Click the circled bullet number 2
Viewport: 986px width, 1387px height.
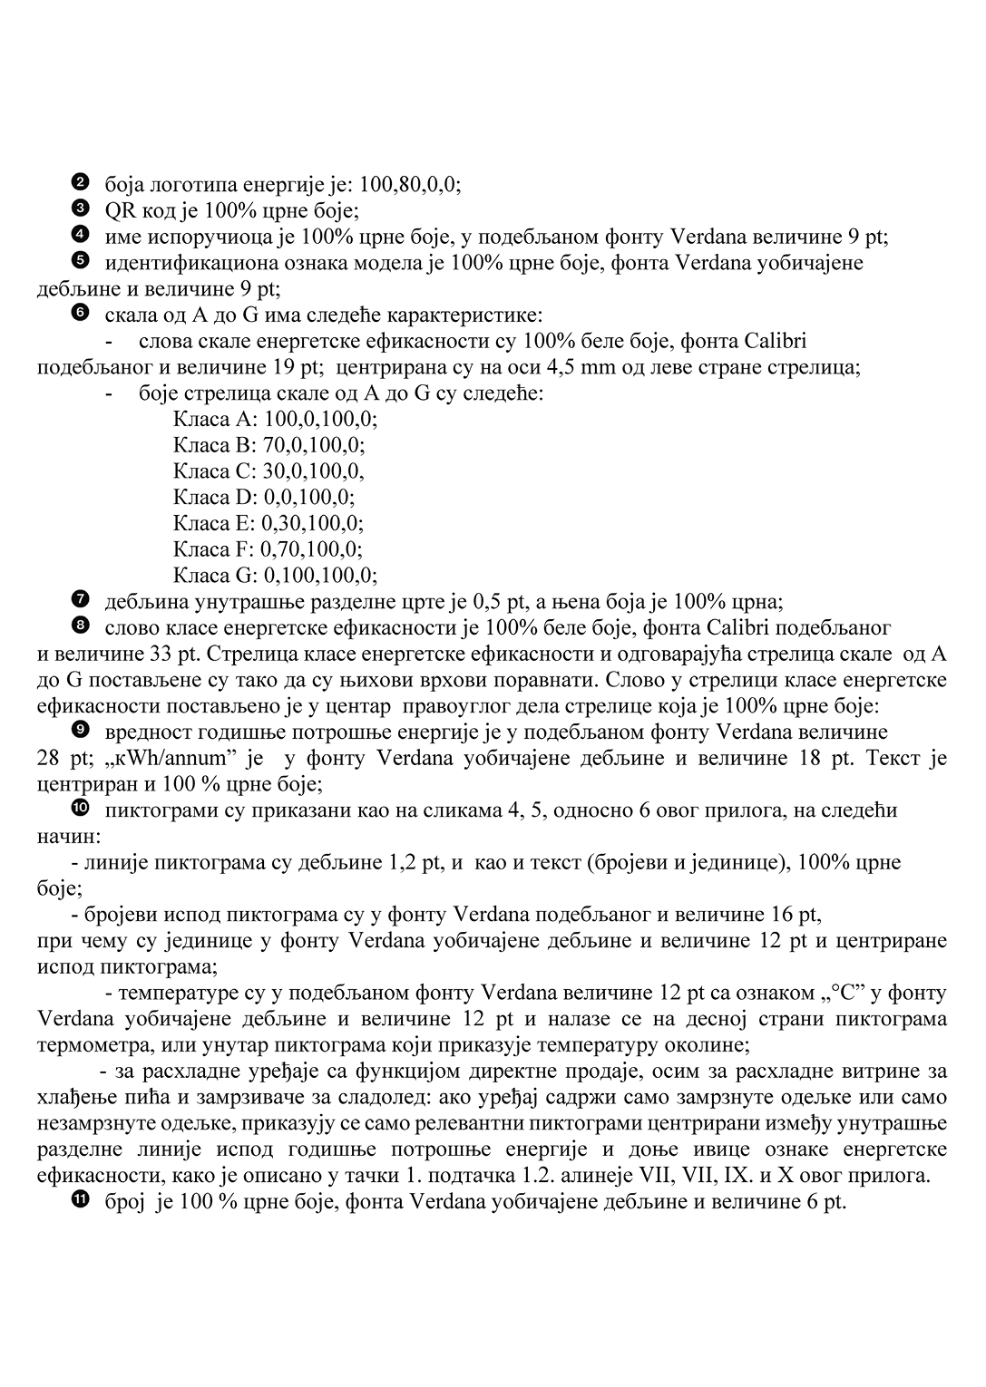coord(78,183)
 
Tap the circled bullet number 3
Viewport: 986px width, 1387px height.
coord(78,209)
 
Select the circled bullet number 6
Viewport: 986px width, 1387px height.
coord(78,314)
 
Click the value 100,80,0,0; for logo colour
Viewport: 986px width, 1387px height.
coord(410,185)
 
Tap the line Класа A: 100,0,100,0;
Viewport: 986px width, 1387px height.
coord(275,419)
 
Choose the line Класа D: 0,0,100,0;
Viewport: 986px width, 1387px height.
coord(263,497)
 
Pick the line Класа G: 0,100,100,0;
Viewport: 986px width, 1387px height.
coord(275,576)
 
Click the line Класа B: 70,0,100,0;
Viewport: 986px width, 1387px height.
coord(268,445)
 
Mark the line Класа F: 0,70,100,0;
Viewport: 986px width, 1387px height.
coord(268,549)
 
